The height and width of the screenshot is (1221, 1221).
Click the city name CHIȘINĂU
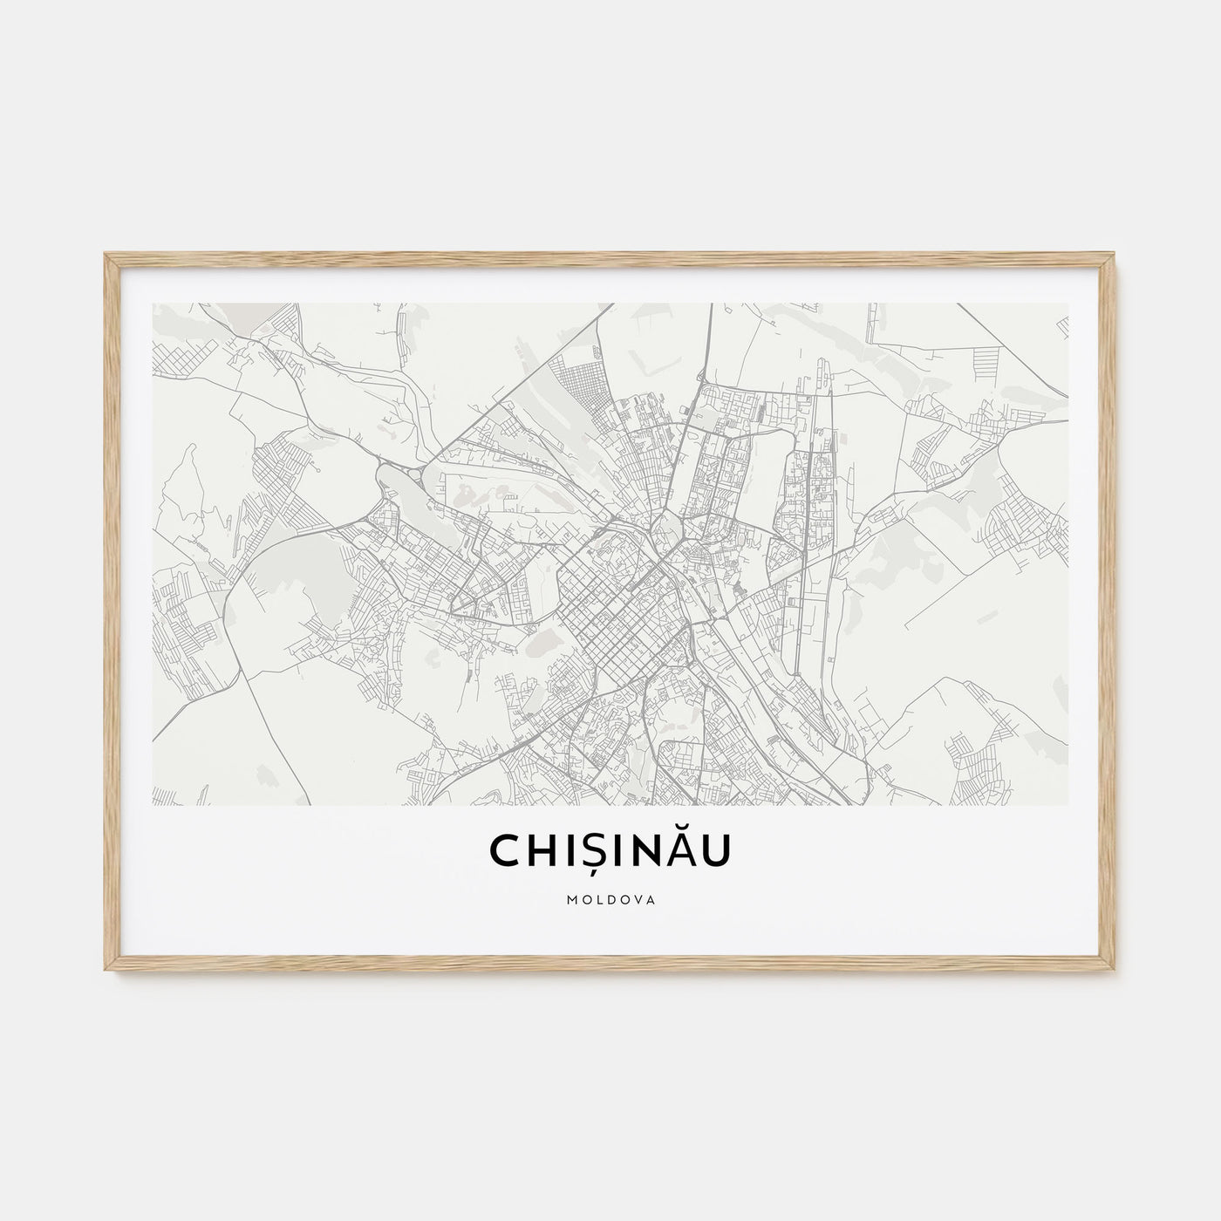pyautogui.click(x=610, y=852)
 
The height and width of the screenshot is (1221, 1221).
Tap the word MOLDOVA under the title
pyautogui.click(x=610, y=896)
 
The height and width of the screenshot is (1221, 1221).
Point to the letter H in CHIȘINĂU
pyautogui.click(x=540, y=852)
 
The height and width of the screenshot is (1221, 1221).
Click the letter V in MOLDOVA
pyautogui.click(x=638, y=896)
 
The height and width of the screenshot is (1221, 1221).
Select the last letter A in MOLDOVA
pyautogui.click(x=653, y=896)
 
